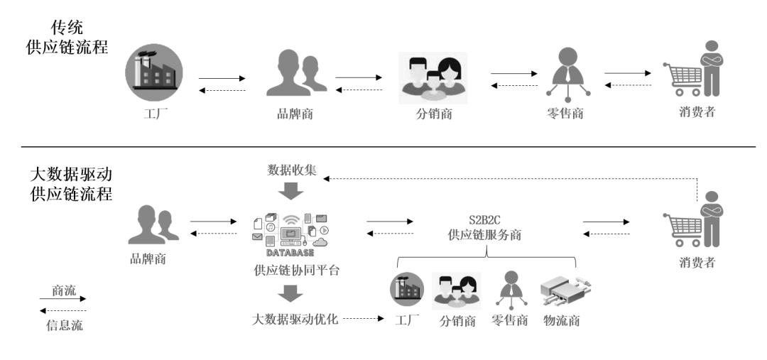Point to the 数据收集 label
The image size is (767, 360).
click(x=290, y=170)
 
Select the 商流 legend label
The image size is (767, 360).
click(x=62, y=290)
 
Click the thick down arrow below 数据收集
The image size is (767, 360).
click(x=290, y=191)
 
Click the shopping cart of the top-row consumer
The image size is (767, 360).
click(x=680, y=78)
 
